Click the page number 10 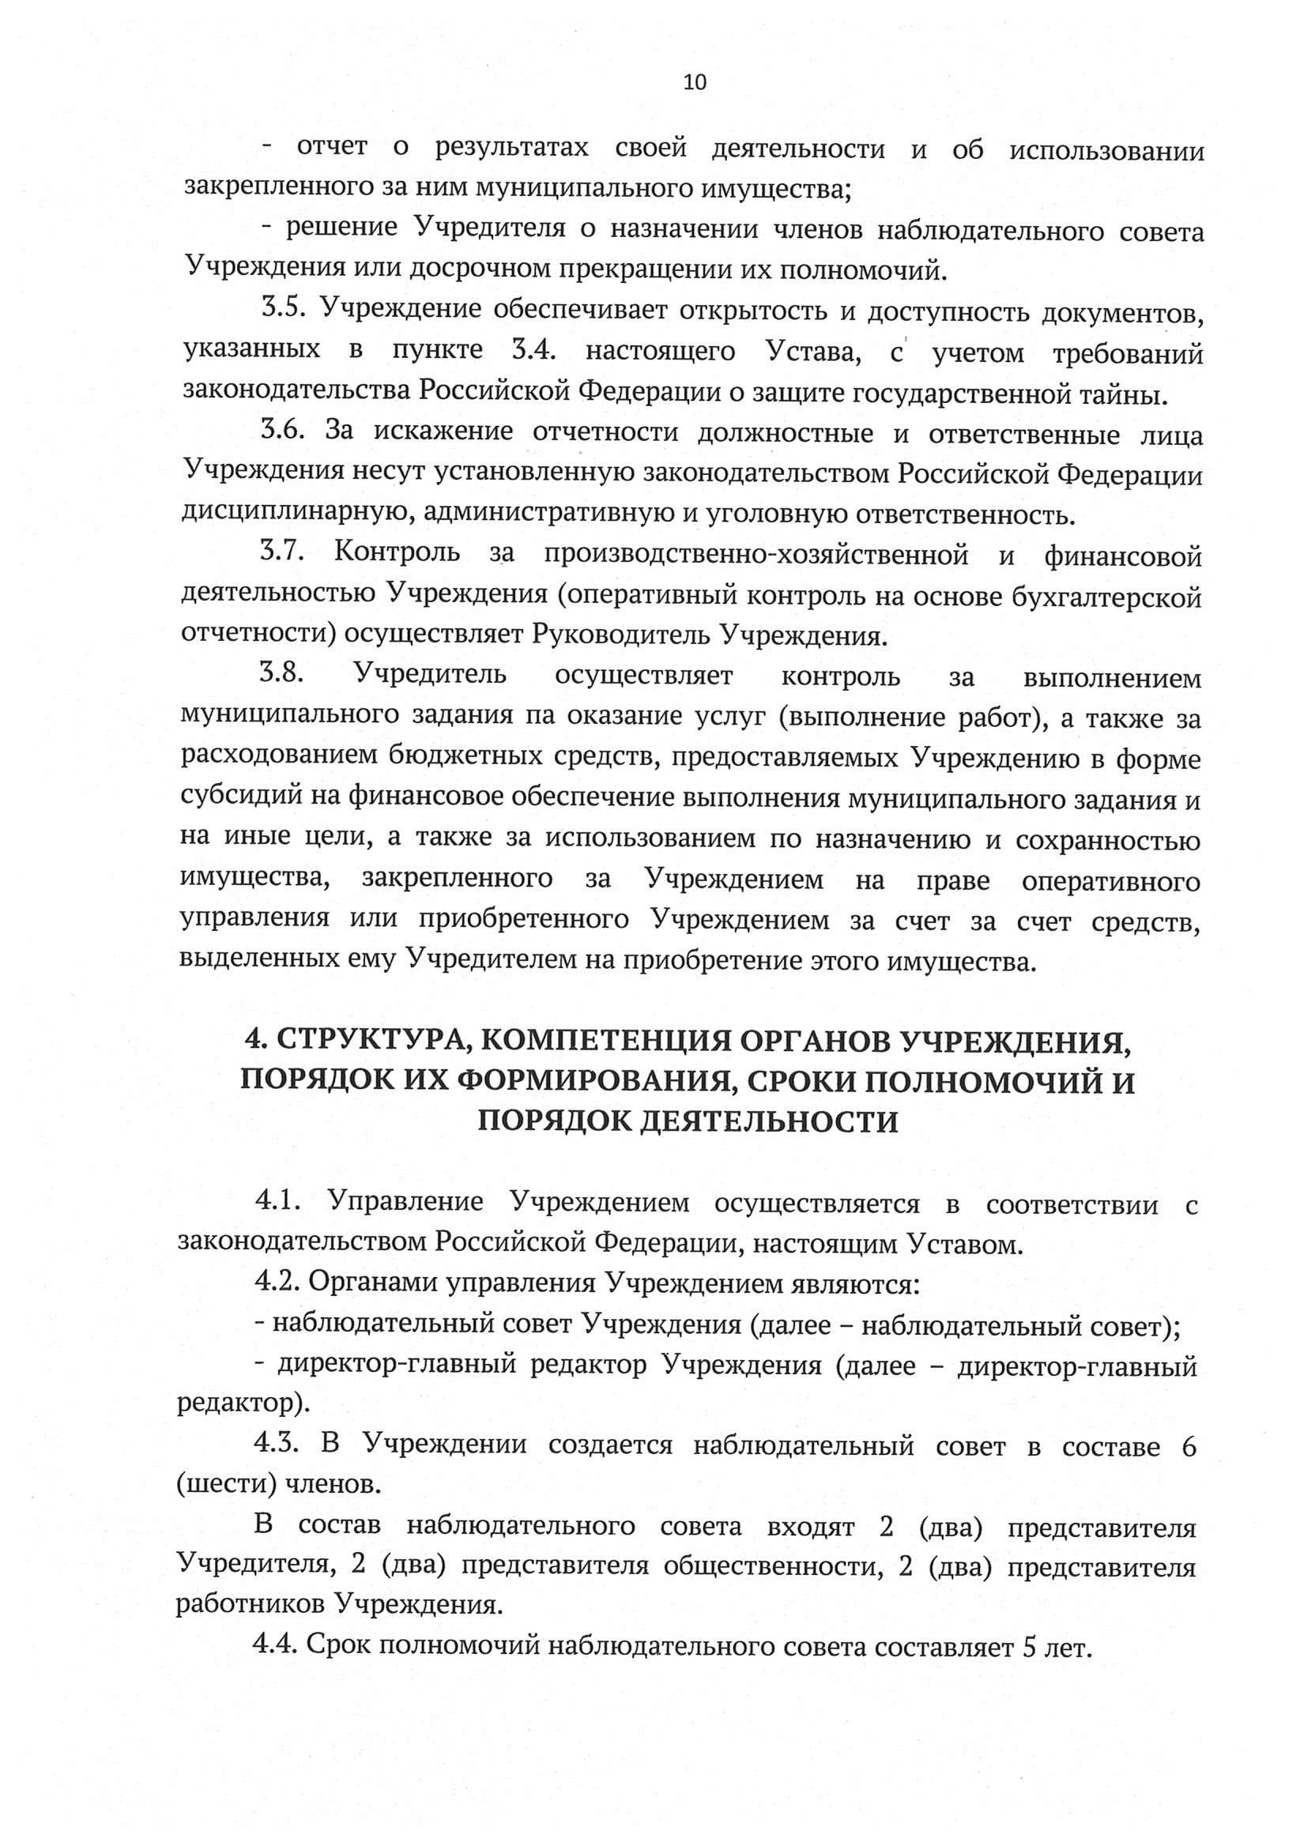coord(695,81)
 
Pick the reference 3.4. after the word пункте coord(533,351)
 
